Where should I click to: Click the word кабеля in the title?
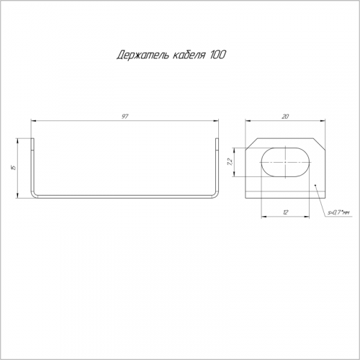click(189, 55)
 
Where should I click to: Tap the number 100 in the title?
click(217, 55)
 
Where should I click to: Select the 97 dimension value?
click(125, 117)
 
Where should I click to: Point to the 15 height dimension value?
click(14, 168)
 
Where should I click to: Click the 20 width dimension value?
click(285, 117)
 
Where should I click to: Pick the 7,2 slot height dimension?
click(229, 163)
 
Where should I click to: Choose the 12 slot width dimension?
click(285, 212)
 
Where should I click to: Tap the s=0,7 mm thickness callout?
click(338, 212)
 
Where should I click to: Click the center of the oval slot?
click(285, 162)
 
